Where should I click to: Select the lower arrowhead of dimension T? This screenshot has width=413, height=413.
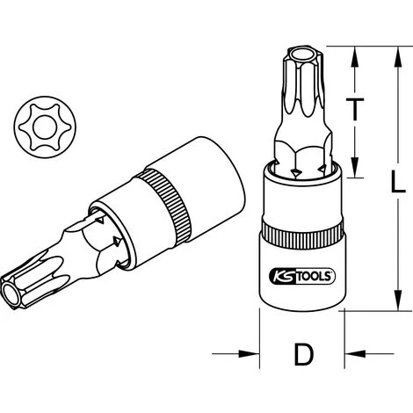354,175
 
